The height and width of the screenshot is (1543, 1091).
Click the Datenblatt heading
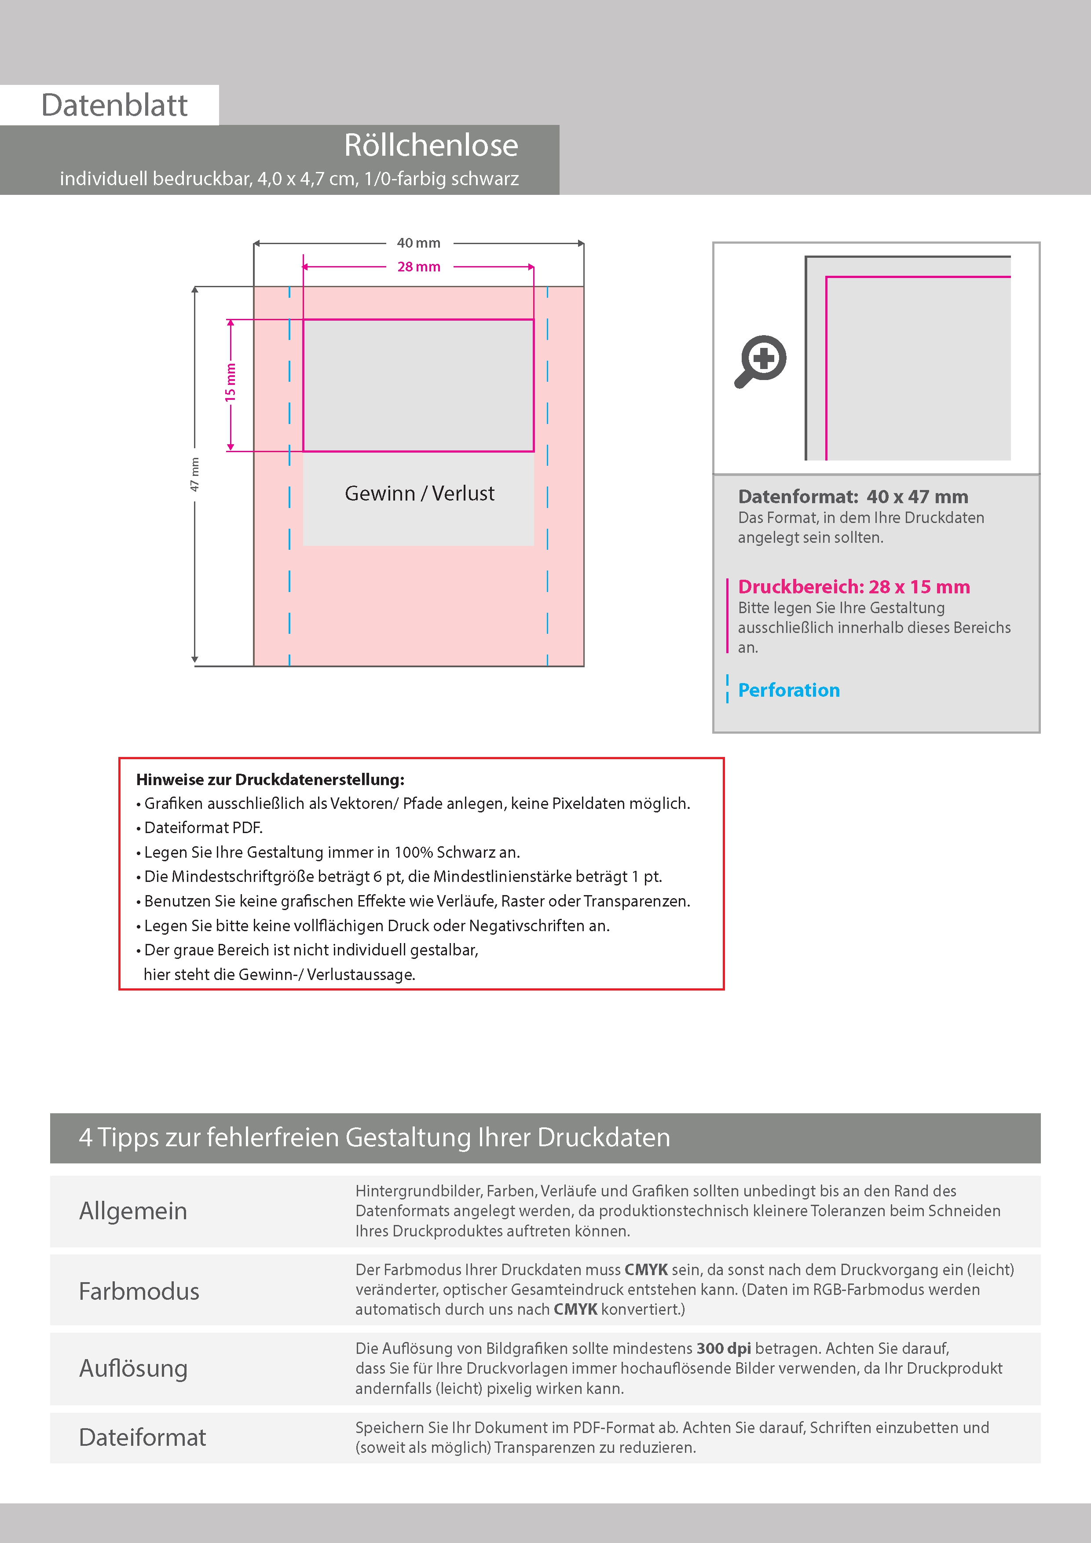point(114,106)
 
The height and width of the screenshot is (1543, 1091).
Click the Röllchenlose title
point(431,145)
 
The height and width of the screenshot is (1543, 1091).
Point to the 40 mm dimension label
point(418,243)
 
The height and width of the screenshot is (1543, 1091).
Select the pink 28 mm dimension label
point(418,267)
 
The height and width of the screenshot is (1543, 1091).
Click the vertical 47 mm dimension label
point(195,475)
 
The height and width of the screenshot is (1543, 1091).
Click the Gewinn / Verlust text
point(419,493)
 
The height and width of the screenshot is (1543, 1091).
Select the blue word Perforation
point(788,690)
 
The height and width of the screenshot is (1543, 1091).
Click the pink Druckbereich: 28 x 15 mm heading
point(854,587)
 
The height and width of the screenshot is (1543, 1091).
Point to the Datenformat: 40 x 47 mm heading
point(853,497)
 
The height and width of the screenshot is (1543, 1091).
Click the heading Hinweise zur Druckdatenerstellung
point(270,779)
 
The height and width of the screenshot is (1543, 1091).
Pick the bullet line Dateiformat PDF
point(203,828)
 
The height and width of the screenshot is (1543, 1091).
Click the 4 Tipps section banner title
point(374,1137)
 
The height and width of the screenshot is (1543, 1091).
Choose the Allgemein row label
point(133,1211)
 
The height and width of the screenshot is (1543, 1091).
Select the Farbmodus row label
point(139,1291)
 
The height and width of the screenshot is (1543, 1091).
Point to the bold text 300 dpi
point(723,1348)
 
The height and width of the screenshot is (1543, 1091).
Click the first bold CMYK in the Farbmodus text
point(646,1269)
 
